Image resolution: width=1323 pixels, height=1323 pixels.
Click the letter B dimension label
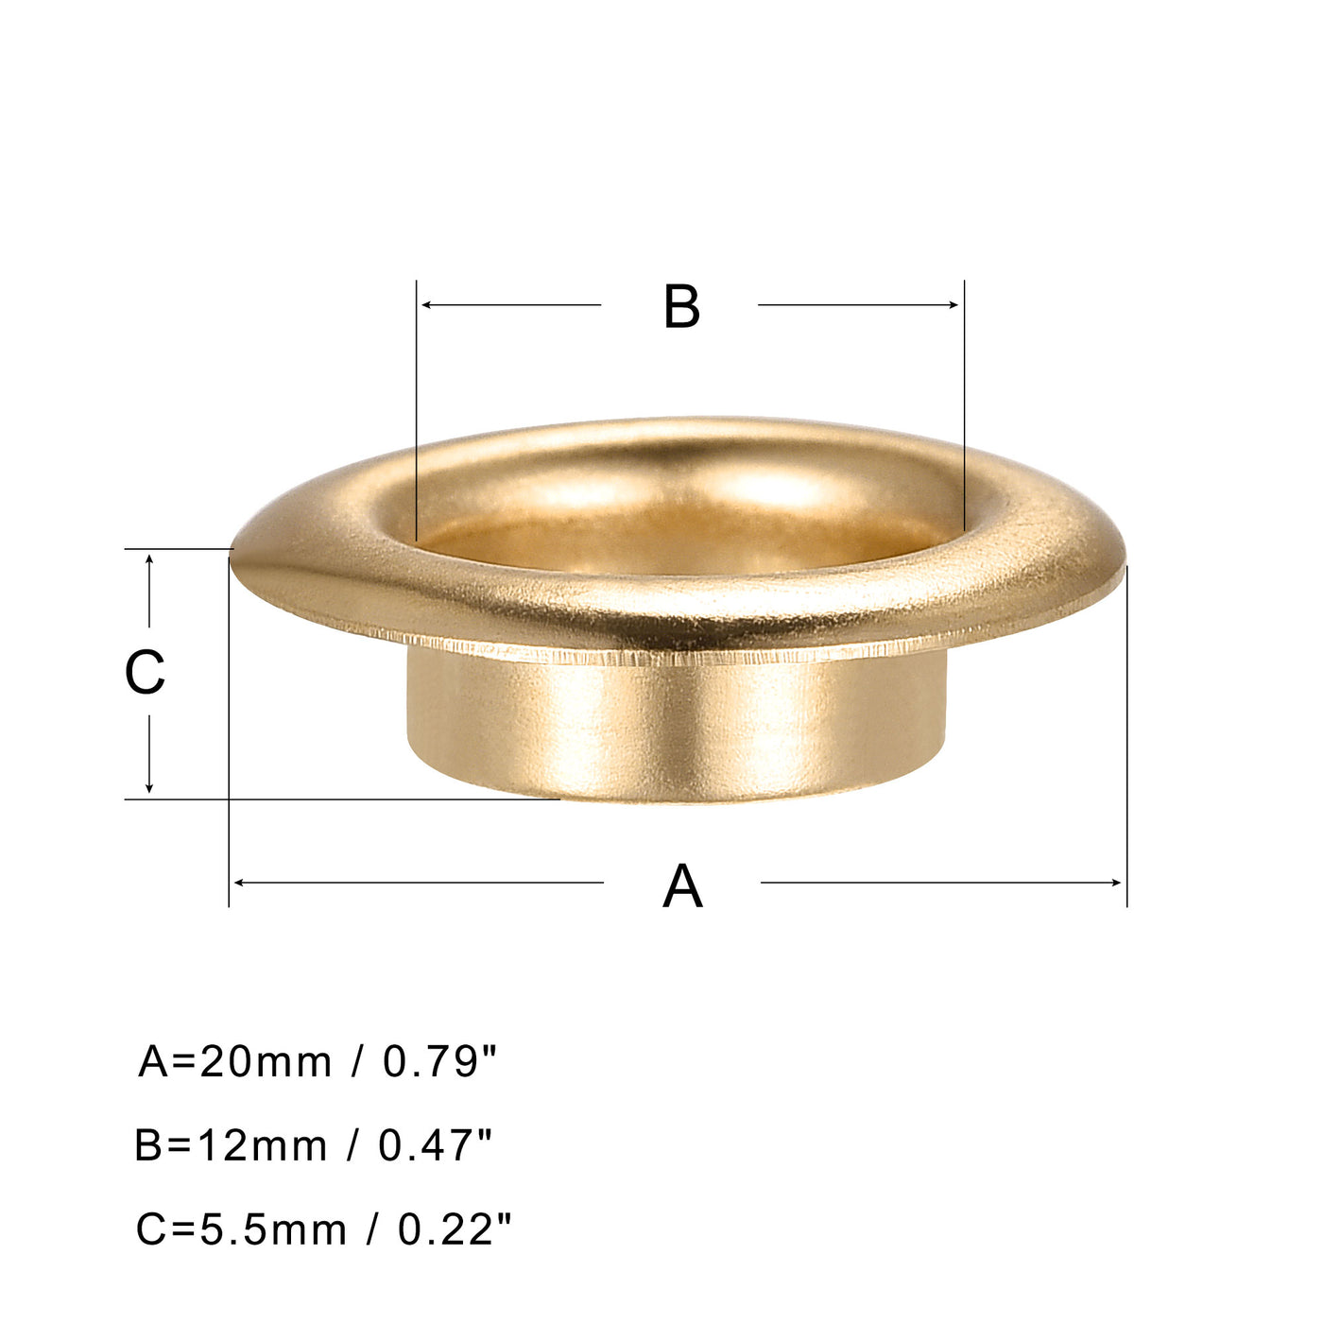pos(681,307)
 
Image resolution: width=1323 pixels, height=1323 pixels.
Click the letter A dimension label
pos(682,886)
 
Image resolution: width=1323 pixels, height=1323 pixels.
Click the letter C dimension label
pos(145,673)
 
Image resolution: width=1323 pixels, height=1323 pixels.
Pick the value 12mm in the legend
pos(262,1145)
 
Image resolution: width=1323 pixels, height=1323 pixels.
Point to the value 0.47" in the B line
pos(436,1144)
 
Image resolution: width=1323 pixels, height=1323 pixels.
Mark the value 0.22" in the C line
pos(455,1228)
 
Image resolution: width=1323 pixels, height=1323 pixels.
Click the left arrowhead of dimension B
pos(426,305)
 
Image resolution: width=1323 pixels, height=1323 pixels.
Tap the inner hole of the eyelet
pos(680,539)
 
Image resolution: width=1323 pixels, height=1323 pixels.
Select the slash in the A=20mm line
pos(357,1062)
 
